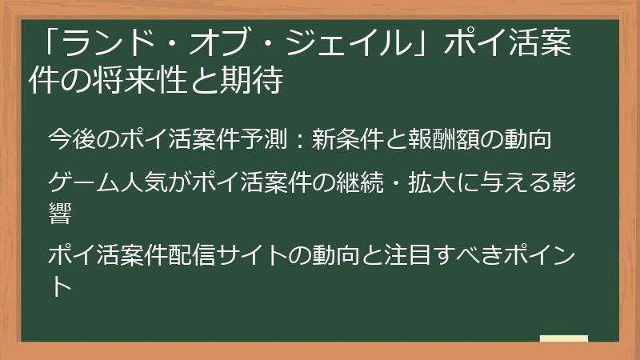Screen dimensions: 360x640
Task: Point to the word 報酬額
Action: (434, 138)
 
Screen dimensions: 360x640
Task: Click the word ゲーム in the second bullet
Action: (84, 183)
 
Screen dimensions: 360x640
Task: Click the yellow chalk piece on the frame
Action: (563, 339)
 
